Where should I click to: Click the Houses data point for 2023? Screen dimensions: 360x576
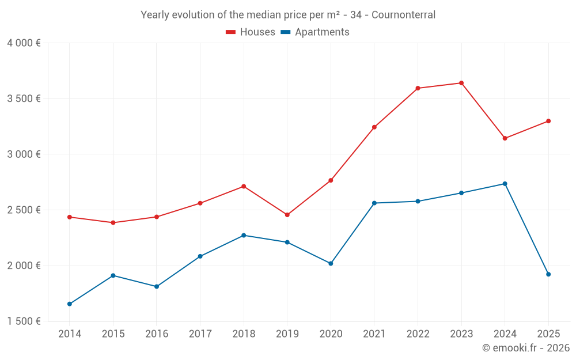coord(461,83)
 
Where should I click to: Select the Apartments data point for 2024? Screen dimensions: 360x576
coord(505,184)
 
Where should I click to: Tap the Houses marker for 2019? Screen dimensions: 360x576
coord(287,215)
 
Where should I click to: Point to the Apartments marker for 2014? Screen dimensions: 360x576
coord(70,304)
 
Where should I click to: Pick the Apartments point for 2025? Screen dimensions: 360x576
coord(548,274)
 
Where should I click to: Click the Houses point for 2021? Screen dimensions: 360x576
coord(374,127)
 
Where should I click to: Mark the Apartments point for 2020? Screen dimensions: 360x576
coord(331,263)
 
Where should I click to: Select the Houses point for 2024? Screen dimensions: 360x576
coord(505,138)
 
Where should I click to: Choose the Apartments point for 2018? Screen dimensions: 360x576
coord(244,236)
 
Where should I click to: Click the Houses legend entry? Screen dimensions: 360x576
coord(251,32)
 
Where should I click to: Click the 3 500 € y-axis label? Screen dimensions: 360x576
coord(24,98)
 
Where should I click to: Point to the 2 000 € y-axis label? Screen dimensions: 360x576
coord(24,266)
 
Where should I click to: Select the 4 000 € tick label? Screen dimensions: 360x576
coord(24,43)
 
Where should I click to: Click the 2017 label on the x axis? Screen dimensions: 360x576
coord(200,334)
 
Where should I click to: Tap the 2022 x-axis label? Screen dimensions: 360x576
coord(418,334)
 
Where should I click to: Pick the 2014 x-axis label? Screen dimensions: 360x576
coord(70,334)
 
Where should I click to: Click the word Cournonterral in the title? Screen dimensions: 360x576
coord(403,14)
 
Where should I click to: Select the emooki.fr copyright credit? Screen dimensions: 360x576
coord(525,348)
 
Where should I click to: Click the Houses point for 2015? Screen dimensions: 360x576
coord(113,222)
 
